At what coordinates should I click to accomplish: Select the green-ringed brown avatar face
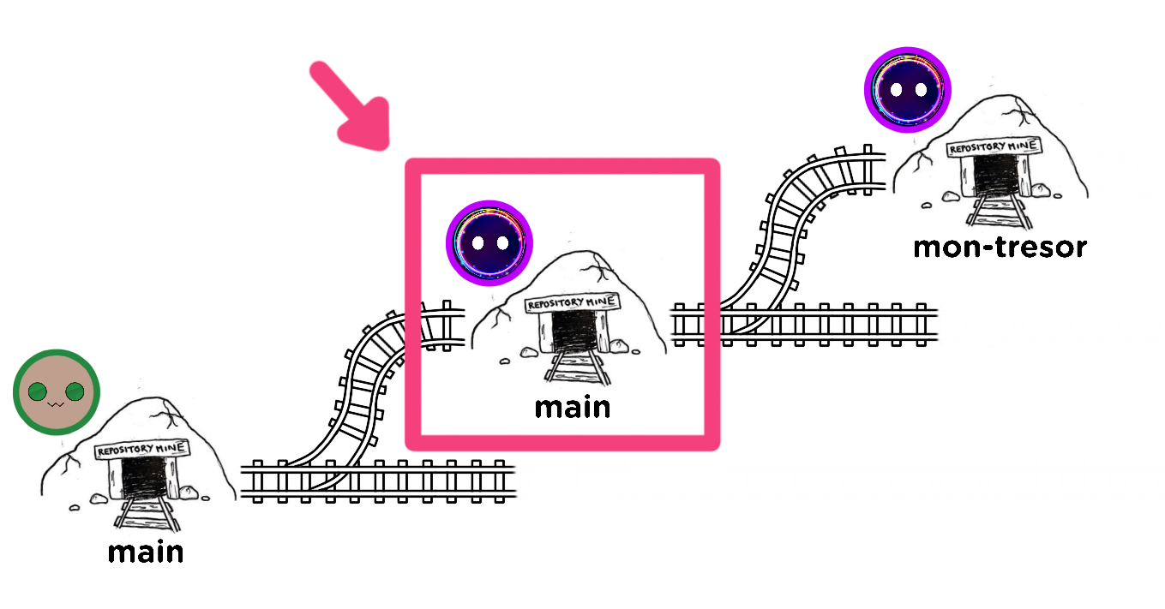[57, 392]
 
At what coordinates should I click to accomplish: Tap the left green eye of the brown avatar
[38, 392]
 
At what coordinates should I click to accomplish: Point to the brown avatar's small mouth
[57, 403]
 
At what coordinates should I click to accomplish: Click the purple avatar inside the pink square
[489, 243]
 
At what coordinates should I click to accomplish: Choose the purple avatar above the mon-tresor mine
[907, 89]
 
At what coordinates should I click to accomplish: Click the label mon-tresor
[1000, 248]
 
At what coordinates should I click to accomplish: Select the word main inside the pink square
[573, 406]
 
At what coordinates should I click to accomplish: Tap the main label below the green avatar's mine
[146, 552]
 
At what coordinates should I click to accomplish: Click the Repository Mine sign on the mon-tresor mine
[993, 148]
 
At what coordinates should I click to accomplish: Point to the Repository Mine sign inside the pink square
[571, 303]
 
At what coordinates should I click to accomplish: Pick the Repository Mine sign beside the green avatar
[142, 450]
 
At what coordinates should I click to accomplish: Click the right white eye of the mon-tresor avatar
[920, 89]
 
